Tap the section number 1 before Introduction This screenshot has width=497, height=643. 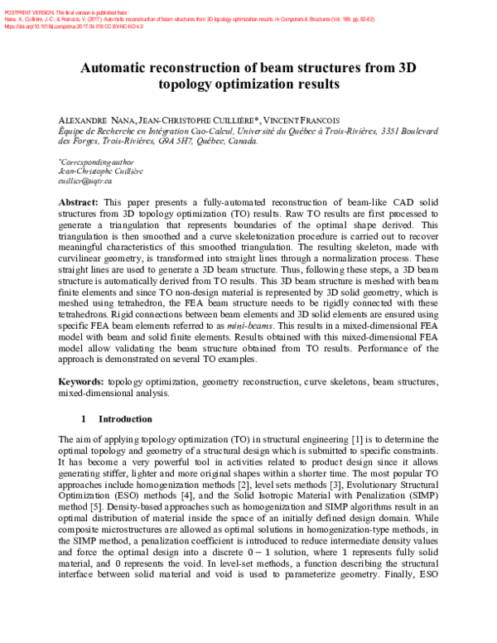(84, 419)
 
